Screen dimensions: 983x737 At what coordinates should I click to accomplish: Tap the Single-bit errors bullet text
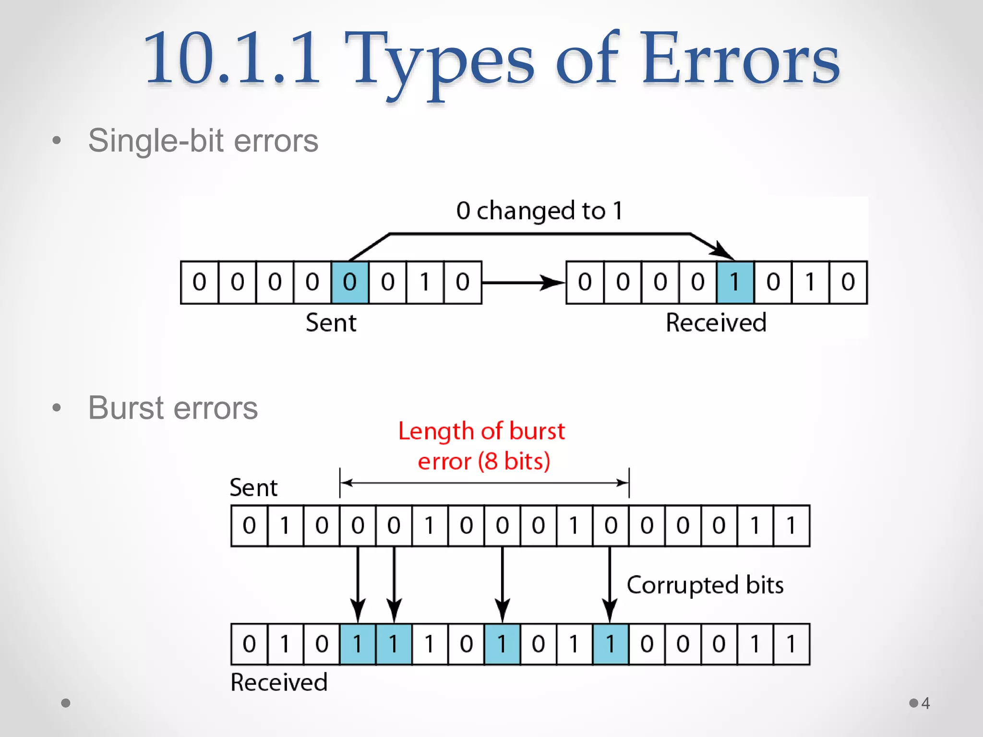(x=203, y=141)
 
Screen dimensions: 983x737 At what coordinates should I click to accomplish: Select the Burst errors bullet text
(x=173, y=408)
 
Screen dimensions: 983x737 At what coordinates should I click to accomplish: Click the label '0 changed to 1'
(x=539, y=211)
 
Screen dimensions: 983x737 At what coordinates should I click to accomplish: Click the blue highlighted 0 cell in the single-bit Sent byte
(x=350, y=282)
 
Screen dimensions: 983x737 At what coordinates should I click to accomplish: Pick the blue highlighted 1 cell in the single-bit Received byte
(x=735, y=282)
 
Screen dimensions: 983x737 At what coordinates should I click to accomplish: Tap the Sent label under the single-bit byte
(x=331, y=322)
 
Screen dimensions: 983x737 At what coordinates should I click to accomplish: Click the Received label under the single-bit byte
(x=716, y=322)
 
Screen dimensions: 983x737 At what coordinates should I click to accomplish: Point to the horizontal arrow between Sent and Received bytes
(x=523, y=283)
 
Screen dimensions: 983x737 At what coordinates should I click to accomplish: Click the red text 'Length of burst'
(x=481, y=431)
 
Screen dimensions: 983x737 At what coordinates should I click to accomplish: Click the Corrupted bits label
(x=705, y=585)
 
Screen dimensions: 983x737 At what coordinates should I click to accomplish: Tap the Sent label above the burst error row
(x=253, y=487)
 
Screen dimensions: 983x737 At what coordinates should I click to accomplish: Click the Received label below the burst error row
(x=279, y=682)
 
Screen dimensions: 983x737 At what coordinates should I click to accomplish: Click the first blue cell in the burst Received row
(x=358, y=644)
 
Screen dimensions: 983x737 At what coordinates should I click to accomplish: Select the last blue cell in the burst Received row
(x=611, y=644)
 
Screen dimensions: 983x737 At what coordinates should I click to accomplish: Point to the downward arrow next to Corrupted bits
(x=610, y=585)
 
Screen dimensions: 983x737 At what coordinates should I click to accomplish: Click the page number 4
(x=925, y=703)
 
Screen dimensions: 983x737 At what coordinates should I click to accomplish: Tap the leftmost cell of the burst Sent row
(x=249, y=525)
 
